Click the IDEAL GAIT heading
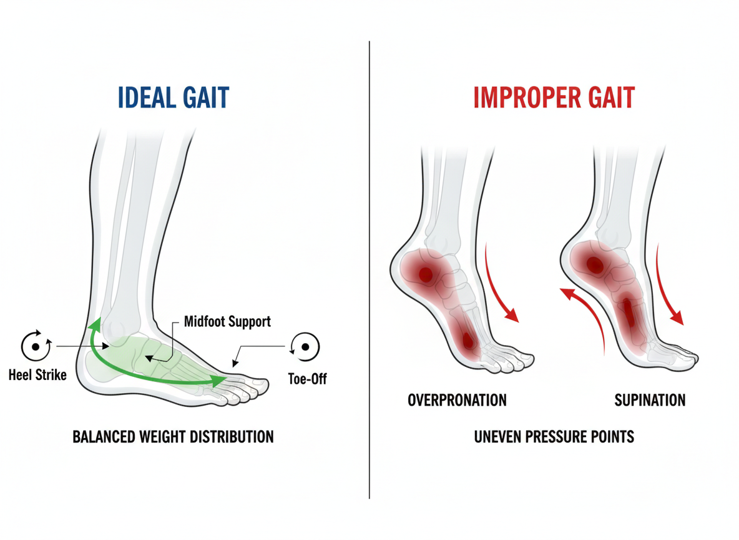pyautogui.click(x=174, y=99)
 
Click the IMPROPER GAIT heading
pyautogui.click(x=554, y=99)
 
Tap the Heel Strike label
pyautogui.click(x=37, y=376)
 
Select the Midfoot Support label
pyautogui.click(x=227, y=322)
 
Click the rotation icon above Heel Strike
pyautogui.click(x=35, y=346)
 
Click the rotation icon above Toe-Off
pyautogui.click(x=305, y=346)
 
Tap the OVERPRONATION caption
pyautogui.click(x=457, y=400)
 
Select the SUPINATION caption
pyautogui.click(x=650, y=400)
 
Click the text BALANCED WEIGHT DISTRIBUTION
pyautogui.click(x=174, y=436)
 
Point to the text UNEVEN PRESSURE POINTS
pyautogui.click(x=554, y=436)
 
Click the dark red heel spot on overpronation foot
pyautogui.click(x=426, y=274)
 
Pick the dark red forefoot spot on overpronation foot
pyautogui.click(x=467, y=341)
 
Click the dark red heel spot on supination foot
pyautogui.click(x=595, y=264)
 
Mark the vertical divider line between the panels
pyautogui.click(x=369, y=269)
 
